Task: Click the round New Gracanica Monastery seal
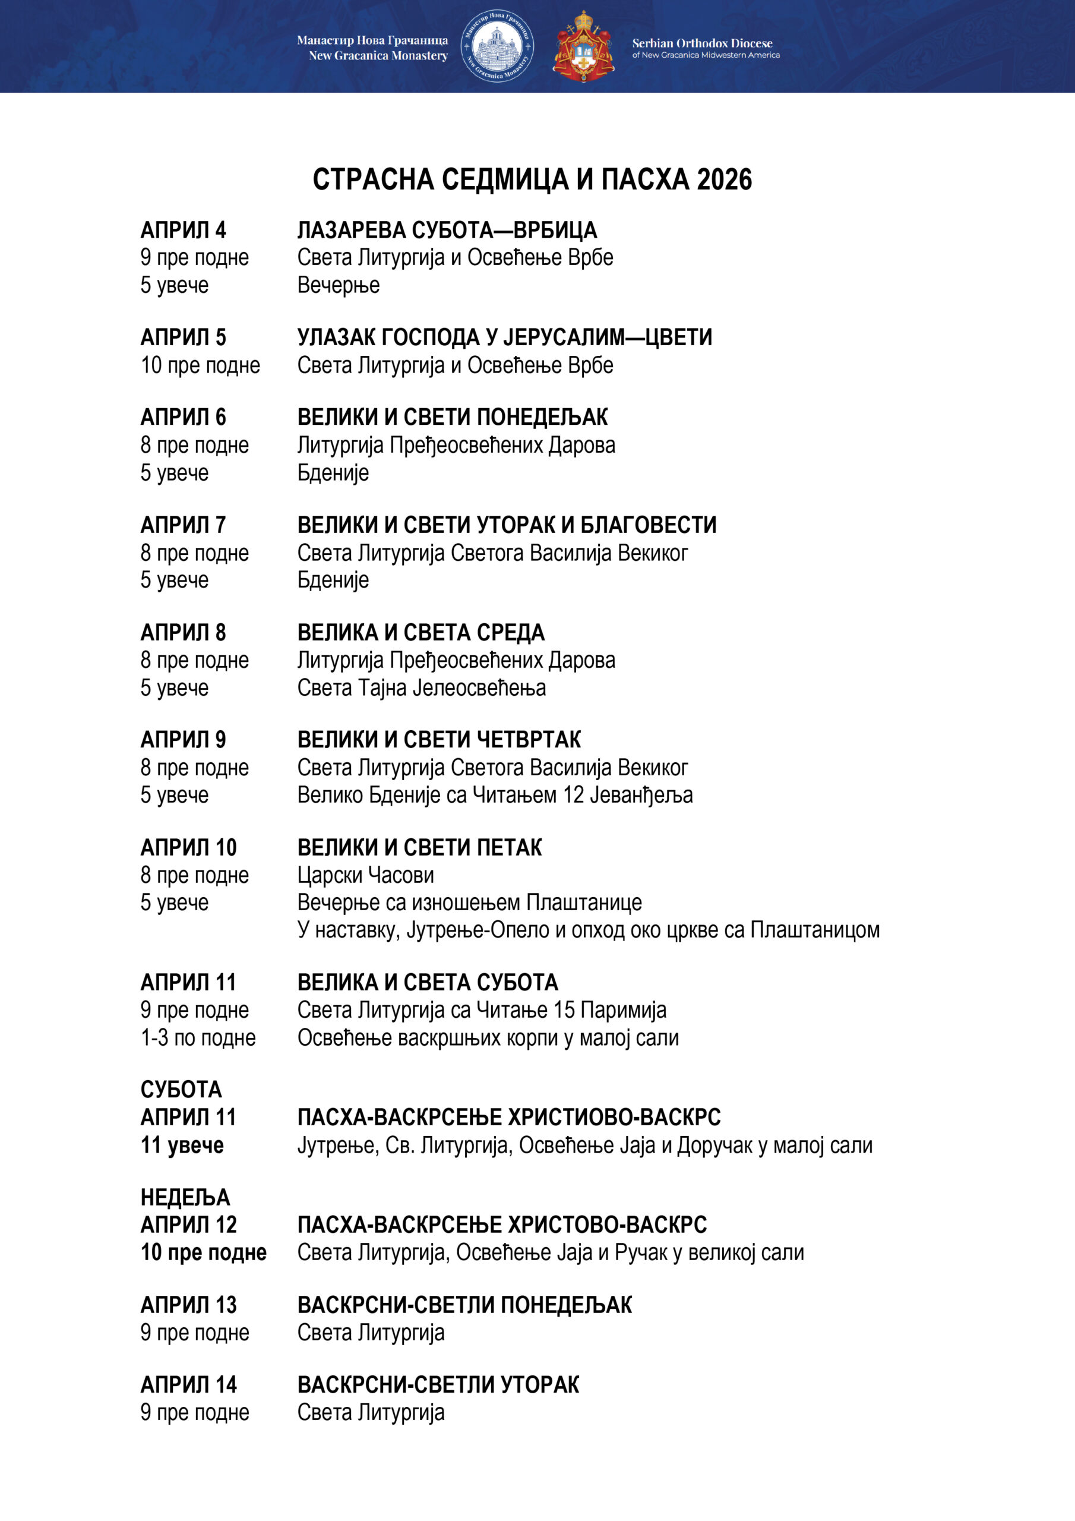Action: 497,46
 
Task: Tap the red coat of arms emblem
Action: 583,46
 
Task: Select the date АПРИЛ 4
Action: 183,230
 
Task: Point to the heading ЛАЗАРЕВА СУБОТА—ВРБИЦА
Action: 447,230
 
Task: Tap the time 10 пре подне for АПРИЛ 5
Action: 200,365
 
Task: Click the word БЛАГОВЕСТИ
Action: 649,525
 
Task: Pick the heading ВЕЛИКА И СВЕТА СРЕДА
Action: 420,633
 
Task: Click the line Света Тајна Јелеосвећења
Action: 421,687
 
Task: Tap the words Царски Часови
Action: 366,875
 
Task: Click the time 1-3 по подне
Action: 198,1037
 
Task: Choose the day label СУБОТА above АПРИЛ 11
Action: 181,1090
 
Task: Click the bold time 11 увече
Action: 182,1146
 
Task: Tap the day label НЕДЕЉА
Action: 185,1197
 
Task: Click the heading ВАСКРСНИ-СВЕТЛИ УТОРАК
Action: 438,1385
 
